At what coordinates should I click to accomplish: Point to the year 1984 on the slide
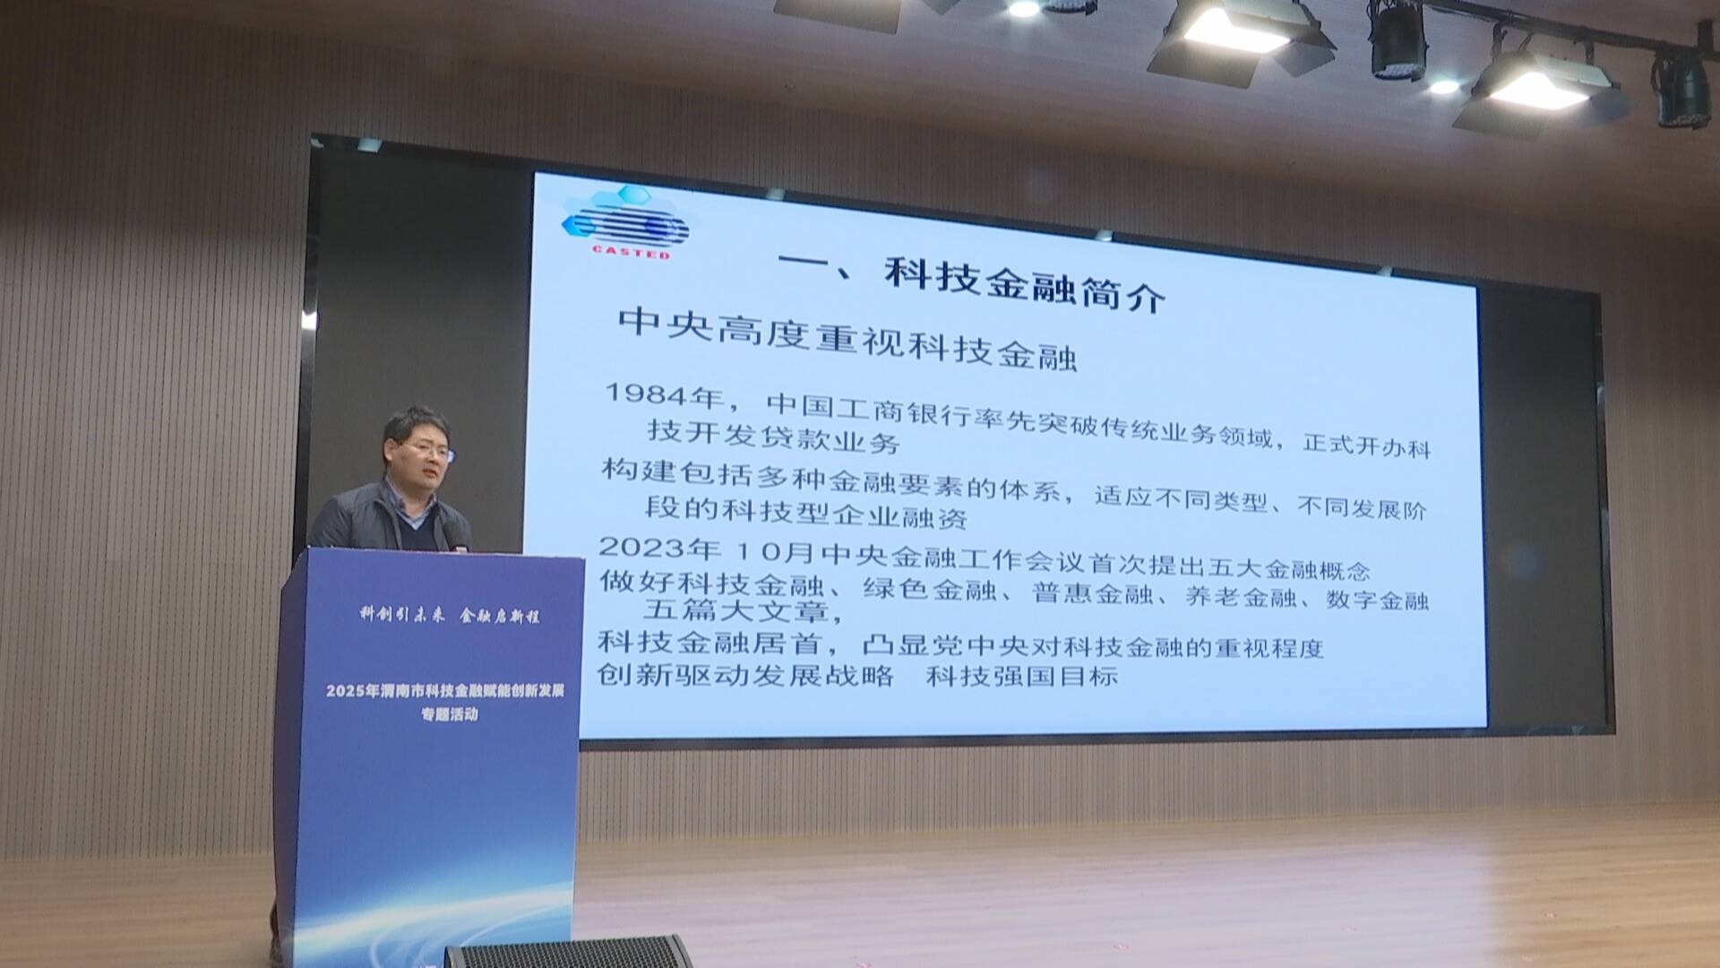(650, 393)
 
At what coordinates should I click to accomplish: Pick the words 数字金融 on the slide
(1377, 600)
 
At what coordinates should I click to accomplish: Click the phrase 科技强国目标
(1022, 675)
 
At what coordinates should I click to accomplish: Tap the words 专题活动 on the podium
(450, 714)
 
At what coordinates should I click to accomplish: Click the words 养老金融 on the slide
(1241, 596)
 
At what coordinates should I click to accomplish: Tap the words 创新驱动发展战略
(745, 674)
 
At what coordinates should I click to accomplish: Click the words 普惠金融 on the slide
(1092, 592)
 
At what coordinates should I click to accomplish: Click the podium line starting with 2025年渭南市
(445, 691)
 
